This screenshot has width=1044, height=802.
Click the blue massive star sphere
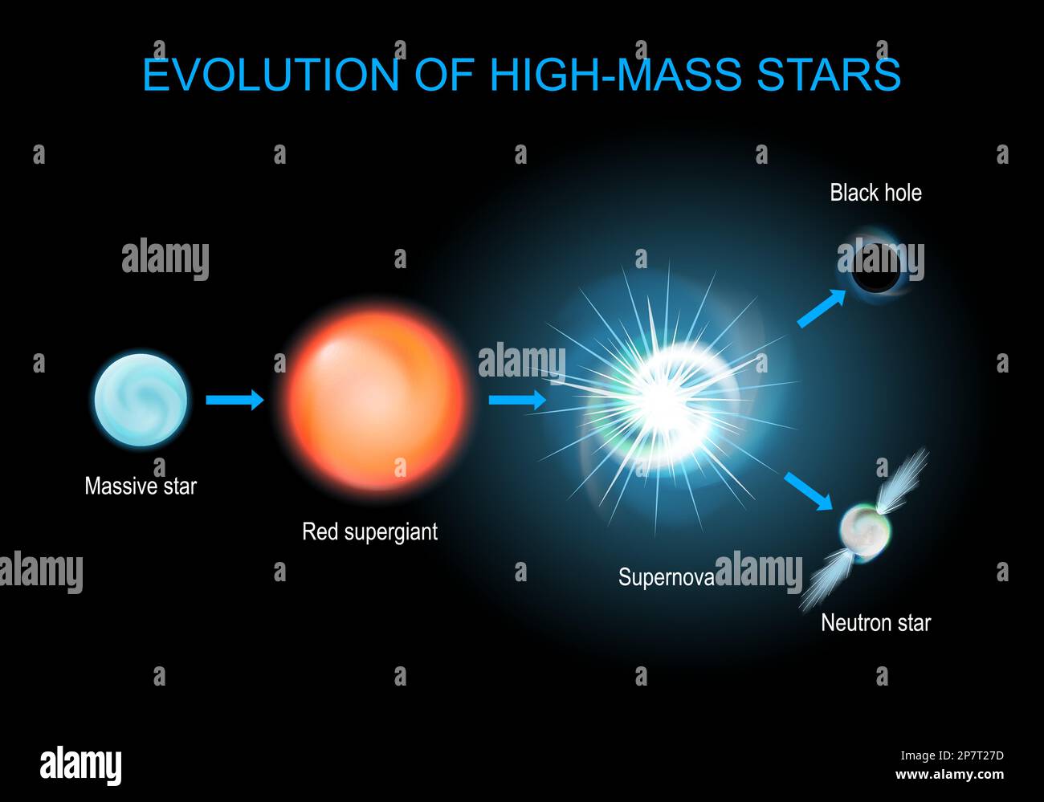tap(141, 399)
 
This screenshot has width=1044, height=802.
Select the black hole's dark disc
tap(875, 267)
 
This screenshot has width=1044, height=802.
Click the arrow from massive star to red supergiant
tap(234, 399)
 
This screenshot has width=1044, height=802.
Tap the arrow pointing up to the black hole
tap(822, 308)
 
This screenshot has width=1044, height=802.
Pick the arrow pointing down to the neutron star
tap(808, 491)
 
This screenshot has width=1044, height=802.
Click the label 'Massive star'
tap(141, 486)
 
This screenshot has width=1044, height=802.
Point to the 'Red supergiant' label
tap(369, 531)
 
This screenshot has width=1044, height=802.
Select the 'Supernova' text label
tap(666, 576)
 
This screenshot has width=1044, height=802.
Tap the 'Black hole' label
tap(875, 193)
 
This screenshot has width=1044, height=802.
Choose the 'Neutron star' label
tap(875, 623)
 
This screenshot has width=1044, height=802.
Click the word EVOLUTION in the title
tap(271, 75)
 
